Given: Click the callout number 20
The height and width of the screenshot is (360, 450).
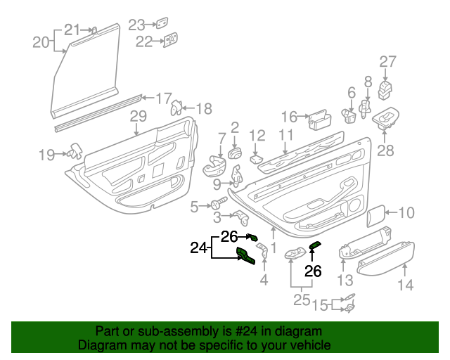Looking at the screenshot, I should coord(41,42).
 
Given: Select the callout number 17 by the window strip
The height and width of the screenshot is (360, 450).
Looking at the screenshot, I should coord(163,98).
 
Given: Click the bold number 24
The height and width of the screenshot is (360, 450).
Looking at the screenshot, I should coord(200,247).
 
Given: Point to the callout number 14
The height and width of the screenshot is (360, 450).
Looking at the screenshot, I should coord(406,285).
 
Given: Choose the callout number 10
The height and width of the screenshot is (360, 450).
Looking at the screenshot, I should coord(407,212).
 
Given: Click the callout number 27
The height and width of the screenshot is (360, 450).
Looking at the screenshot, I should coord(389,61).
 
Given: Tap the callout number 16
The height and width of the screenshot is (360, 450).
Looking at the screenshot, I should coord(290,117).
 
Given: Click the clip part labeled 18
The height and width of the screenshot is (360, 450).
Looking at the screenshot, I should coord(177,107).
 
